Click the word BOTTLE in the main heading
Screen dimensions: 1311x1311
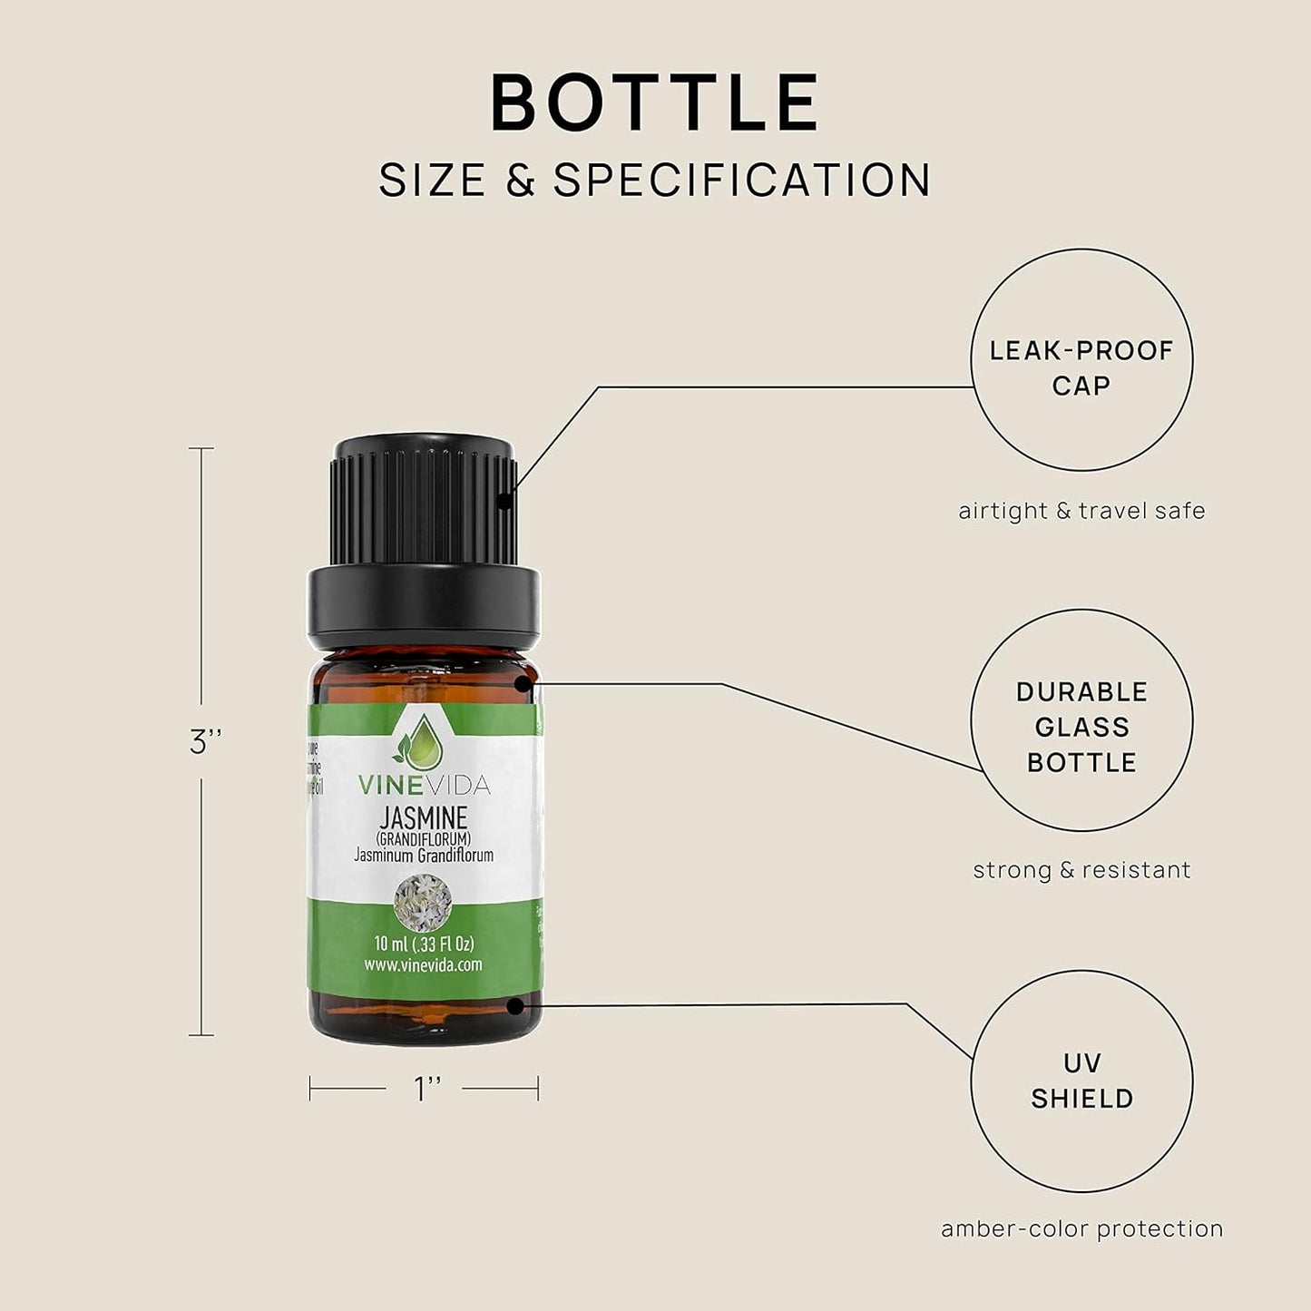click(655, 103)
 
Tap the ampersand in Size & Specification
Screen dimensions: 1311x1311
click(521, 180)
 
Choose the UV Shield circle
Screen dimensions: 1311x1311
click(1081, 1081)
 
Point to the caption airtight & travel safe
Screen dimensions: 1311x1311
click(1081, 511)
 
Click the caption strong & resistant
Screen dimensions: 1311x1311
click(1081, 870)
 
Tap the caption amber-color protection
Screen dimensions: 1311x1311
click(1081, 1229)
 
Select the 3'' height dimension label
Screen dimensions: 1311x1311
click(206, 742)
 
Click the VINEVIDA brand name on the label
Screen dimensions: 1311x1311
click(424, 785)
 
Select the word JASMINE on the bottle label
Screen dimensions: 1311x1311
click(423, 818)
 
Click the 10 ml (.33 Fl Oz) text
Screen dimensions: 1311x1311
click(424, 944)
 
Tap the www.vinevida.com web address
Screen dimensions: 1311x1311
click(423, 964)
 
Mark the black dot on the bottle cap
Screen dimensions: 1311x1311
click(504, 498)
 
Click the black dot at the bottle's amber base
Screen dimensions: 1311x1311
click(515, 1005)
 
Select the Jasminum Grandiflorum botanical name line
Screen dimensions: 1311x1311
click(424, 855)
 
